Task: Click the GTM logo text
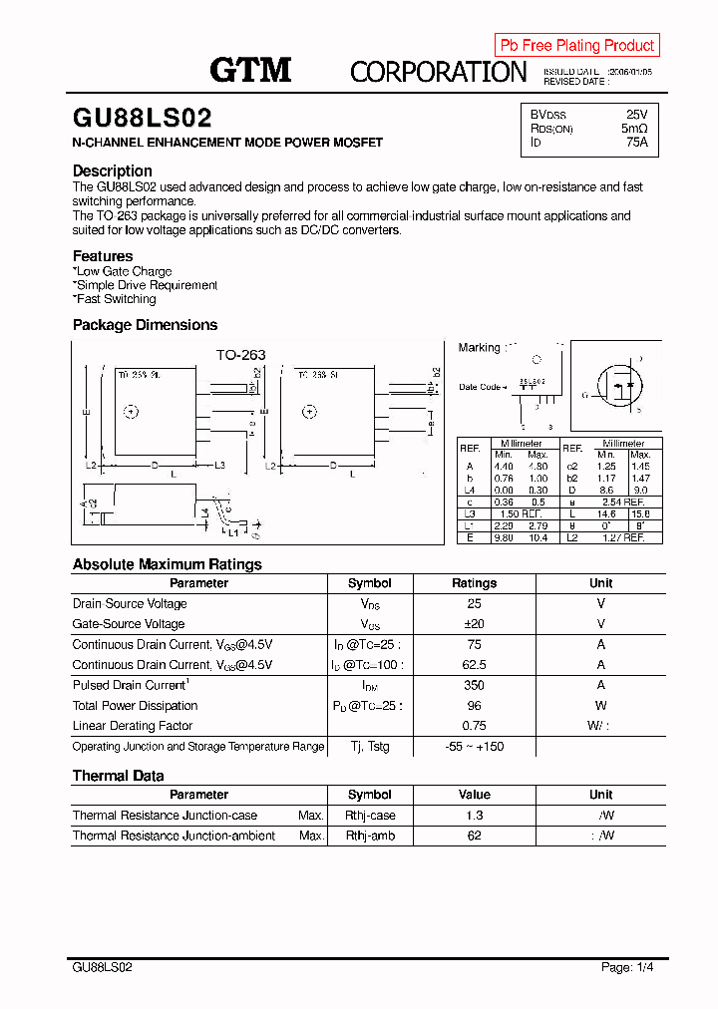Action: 250,70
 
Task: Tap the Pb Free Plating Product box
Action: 576,45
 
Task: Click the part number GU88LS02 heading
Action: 142,119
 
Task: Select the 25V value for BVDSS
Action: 636,115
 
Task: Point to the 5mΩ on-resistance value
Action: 634,129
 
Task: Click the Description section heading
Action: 113,170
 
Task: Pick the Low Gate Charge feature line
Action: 123,271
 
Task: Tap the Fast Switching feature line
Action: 115,299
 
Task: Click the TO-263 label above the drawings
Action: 240,355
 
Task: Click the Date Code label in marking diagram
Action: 480,387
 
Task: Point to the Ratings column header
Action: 474,583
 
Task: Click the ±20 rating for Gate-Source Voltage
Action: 474,624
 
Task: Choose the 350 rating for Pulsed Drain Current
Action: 474,685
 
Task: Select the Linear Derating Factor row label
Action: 133,726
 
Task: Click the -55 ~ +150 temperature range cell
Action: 474,747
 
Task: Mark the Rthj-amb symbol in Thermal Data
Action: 370,836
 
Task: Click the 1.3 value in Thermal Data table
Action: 474,816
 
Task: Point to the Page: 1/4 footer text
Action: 627,967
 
